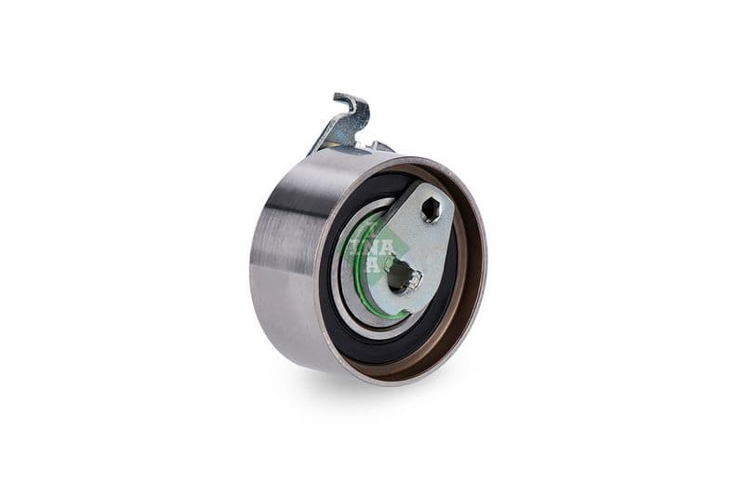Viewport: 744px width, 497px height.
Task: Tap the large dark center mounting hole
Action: pos(398,275)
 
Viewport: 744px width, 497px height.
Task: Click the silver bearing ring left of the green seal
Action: pos(339,279)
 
